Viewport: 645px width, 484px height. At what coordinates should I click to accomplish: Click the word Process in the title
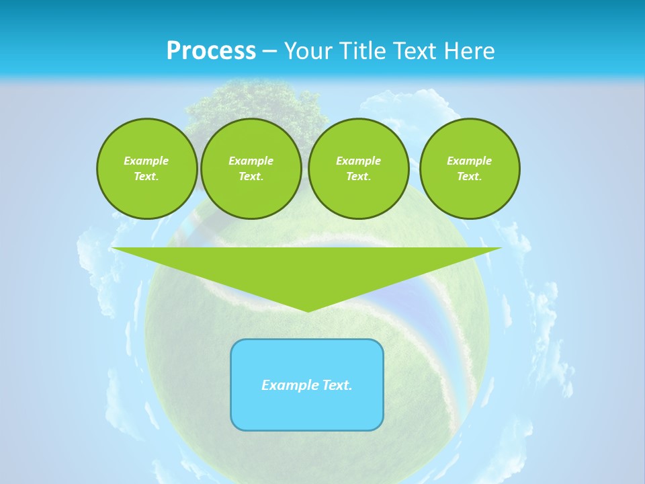pyautogui.click(x=211, y=51)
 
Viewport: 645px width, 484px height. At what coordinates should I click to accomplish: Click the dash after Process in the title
pyautogui.click(x=270, y=52)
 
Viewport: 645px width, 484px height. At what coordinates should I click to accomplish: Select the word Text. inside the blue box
pyautogui.click(x=337, y=385)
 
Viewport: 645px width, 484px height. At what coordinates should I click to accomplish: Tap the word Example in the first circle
pyautogui.click(x=146, y=161)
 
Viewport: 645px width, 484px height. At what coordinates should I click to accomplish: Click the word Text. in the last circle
pyautogui.click(x=470, y=176)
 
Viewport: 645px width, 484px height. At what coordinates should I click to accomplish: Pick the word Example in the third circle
pyautogui.click(x=358, y=161)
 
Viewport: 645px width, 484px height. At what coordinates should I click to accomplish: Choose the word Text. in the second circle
pyautogui.click(x=251, y=176)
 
